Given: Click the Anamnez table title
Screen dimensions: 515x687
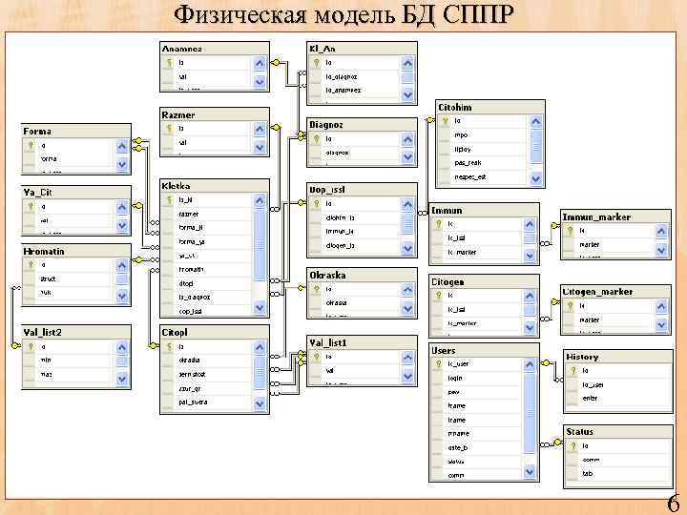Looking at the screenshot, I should (x=182, y=49).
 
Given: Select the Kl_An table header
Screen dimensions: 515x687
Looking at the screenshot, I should (x=322, y=49).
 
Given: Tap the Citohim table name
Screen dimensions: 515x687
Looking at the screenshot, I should (x=456, y=108).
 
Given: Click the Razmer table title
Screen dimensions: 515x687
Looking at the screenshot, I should (x=178, y=113).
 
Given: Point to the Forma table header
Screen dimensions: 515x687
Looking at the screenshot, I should (x=38, y=131).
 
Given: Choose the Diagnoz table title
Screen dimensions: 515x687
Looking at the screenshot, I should (x=326, y=124).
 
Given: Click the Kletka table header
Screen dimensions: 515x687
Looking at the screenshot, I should (x=177, y=186).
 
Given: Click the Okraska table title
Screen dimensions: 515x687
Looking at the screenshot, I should (x=328, y=275).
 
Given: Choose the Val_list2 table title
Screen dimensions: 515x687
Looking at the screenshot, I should (x=44, y=332).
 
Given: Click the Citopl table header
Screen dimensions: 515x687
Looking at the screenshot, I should (x=176, y=333).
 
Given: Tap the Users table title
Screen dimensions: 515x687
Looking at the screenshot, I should (x=444, y=351).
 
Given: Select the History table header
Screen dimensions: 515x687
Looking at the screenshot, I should (x=583, y=357).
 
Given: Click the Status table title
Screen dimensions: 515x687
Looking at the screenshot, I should (x=580, y=432).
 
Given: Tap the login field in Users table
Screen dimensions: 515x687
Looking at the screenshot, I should (x=456, y=378).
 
